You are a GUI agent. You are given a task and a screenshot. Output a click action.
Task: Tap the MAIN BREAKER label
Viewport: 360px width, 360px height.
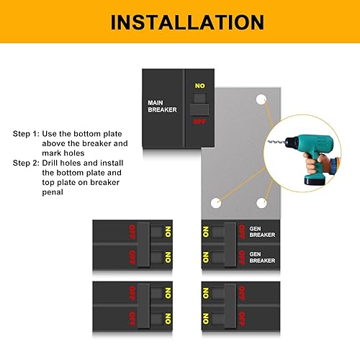point(161,107)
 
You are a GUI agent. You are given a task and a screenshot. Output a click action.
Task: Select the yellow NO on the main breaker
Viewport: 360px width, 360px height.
point(200,86)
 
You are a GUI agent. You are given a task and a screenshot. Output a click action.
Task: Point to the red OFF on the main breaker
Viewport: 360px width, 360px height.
point(200,122)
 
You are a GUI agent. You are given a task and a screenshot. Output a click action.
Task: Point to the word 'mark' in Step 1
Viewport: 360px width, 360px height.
point(53,153)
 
